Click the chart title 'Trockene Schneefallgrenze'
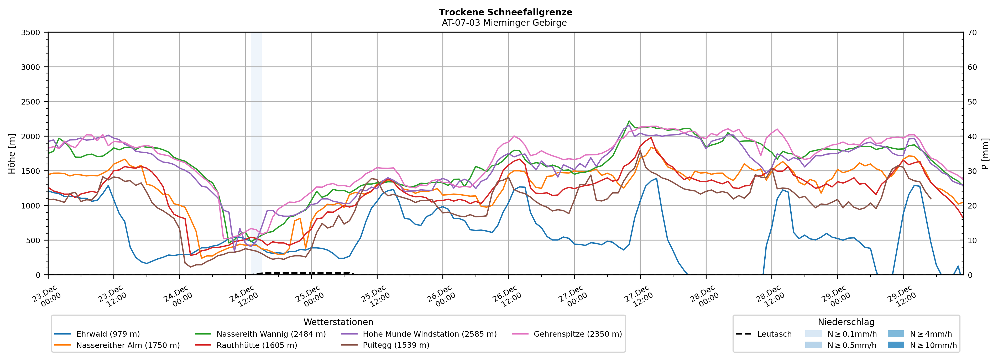505,12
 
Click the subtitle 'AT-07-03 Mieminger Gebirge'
504,23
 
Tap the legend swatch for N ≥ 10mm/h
895,345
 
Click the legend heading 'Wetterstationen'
338,322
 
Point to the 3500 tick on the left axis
31,33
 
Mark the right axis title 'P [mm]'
985,153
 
